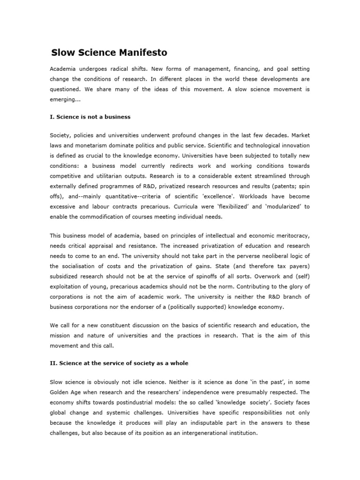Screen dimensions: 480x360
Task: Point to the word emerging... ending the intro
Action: coord(64,99)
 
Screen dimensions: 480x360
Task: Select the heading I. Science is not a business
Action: coord(90,116)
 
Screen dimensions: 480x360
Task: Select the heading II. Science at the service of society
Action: coord(120,363)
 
